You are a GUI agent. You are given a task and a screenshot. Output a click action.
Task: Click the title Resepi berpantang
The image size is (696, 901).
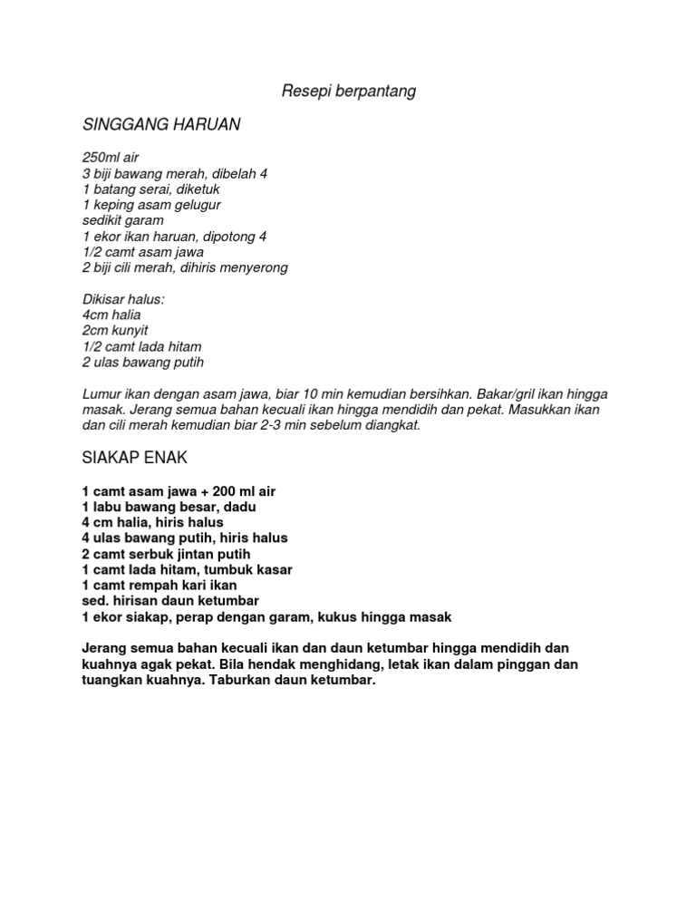click(348, 92)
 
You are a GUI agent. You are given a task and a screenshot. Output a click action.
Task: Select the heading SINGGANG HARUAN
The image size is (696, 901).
click(161, 124)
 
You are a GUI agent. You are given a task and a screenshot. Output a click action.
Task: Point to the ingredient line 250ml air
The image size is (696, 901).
click(110, 157)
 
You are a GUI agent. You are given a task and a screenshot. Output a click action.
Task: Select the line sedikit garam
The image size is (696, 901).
click(122, 220)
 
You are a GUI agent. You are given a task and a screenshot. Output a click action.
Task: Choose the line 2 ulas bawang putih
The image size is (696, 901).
click(143, 363)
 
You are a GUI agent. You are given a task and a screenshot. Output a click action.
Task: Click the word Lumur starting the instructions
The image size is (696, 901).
click(101, 394)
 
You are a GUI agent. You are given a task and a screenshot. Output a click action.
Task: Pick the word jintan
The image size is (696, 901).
click(191, 554)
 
